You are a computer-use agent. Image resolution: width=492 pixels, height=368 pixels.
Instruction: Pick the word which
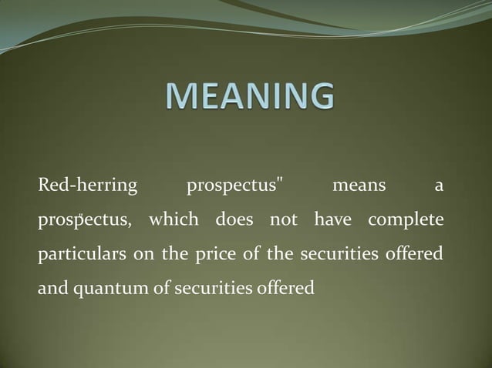click(x=174, y=220)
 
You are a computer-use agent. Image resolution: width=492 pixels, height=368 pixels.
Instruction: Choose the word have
click(x=332, y=220)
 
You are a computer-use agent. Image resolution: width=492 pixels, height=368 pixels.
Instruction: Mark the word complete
click(x=406, y=220)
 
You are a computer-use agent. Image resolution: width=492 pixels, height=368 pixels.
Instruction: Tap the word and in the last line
click(x=51, y=289)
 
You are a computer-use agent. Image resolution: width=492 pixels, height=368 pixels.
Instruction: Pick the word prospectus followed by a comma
click(x=84, y=221)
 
